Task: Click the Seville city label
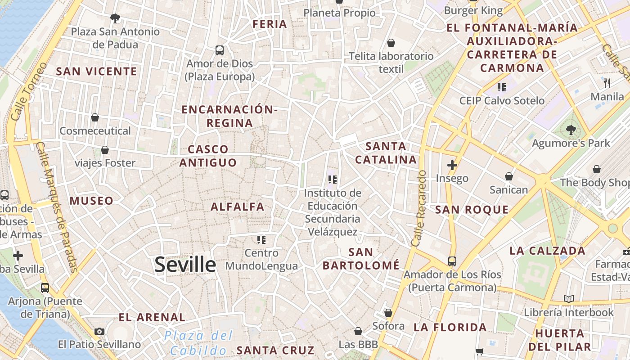pos(185,265)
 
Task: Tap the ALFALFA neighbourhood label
pos(238,207)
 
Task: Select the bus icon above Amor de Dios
pos(220,50)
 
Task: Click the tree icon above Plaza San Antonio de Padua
pos(115,18)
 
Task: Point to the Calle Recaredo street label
pos(418,208)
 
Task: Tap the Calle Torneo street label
pos(28,92)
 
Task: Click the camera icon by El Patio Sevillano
pos(99,332)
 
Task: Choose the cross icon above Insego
pos(452,165)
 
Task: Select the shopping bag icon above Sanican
pos(509,176)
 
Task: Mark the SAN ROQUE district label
pos(472,210)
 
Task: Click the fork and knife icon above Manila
pos(607,83)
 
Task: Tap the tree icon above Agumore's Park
pos(571,130)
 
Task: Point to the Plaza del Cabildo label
pos(198,343)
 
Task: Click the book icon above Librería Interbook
pos(569,299)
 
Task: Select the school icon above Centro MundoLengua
pos(261,239)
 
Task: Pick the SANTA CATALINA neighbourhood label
pos(386,153)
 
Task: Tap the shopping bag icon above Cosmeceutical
pos(95,117)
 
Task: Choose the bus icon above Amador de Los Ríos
pos(452,261)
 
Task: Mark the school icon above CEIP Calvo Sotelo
pos(502,87)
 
